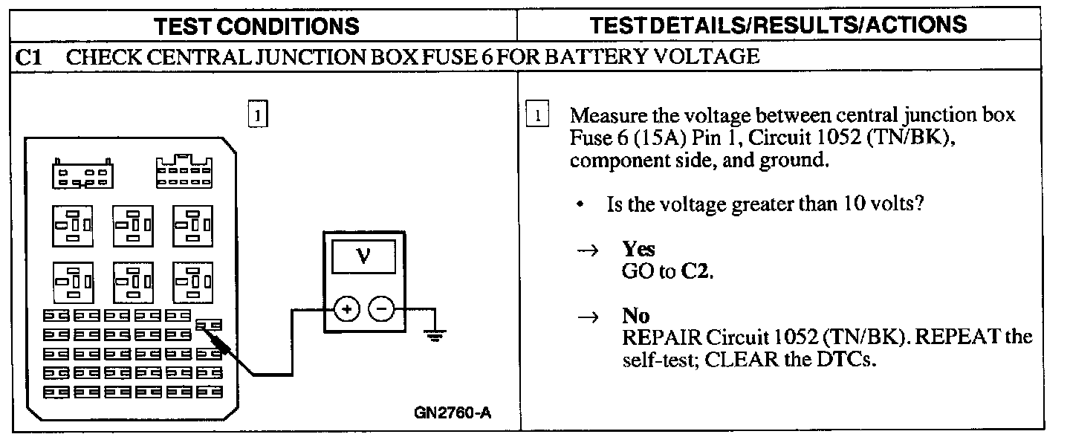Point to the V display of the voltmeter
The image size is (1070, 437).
(x=364, y=256)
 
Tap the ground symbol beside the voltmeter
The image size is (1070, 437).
(x=434, y=334)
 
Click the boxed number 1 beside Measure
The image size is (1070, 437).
(x=536, y=116)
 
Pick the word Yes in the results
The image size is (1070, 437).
(x=638, y=250)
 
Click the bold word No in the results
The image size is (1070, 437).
(x=636, y=317)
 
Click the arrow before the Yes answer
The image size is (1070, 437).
(x=587, y=251)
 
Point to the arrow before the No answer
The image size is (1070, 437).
(x=587, y=318)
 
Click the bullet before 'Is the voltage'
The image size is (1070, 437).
(x=579, y=204)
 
